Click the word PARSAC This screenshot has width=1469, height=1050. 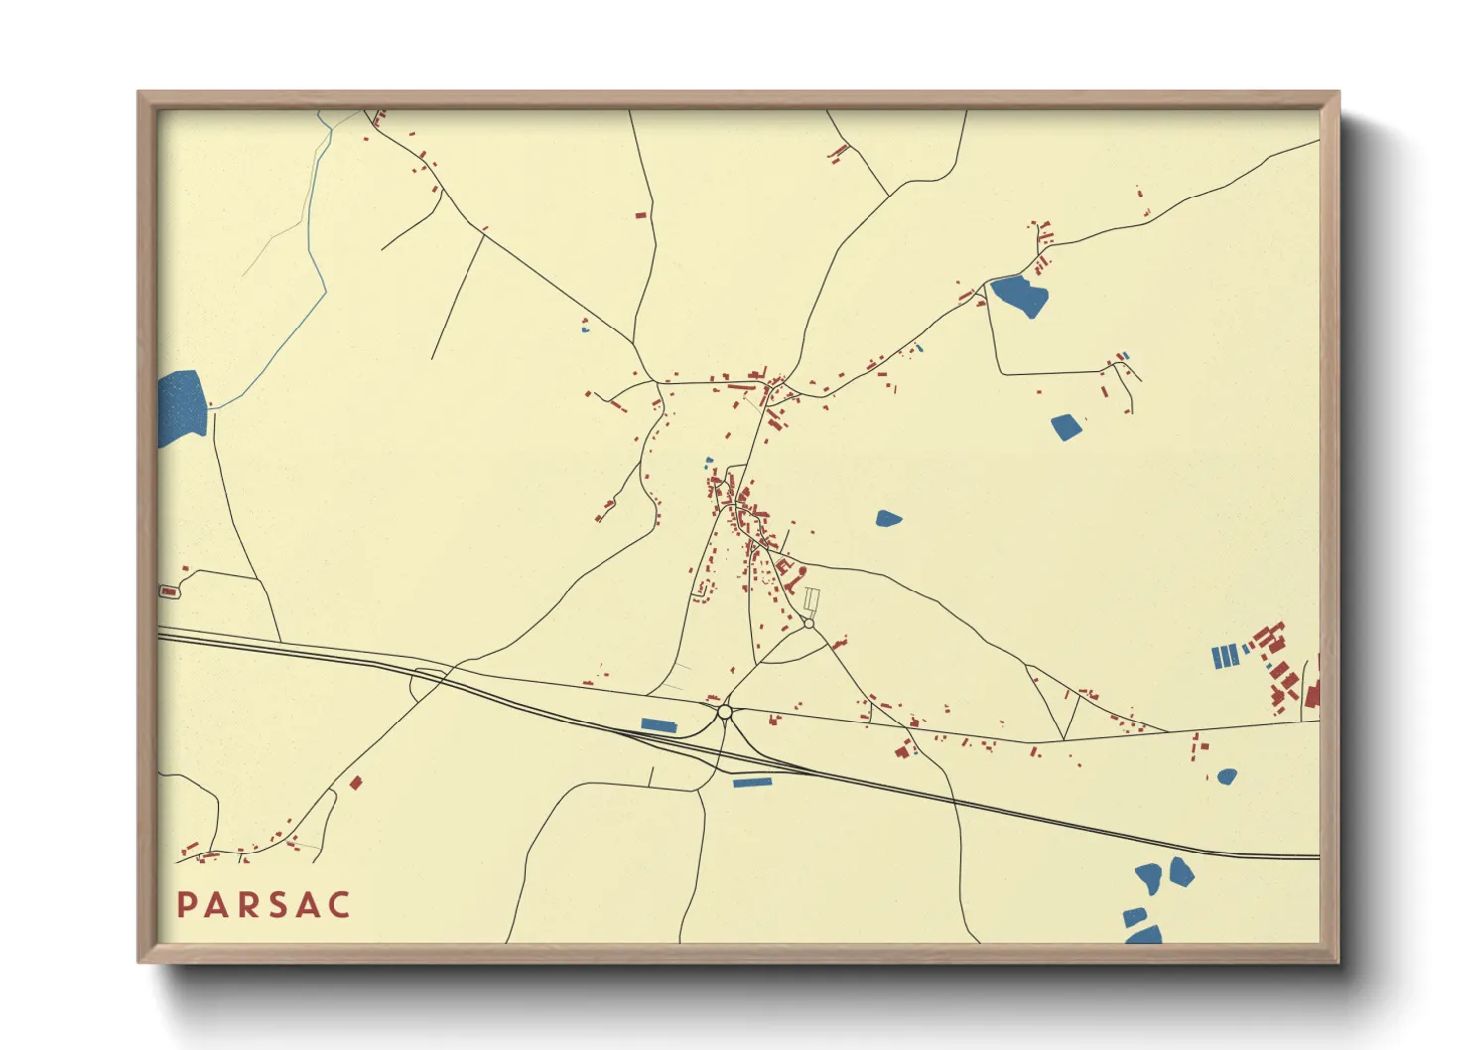(263, 905)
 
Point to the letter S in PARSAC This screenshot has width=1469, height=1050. (277, 905)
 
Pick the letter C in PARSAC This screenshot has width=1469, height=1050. (340, 905)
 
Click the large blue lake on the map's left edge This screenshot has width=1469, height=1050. (182, 406)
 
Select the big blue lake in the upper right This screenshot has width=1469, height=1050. (1020, 295)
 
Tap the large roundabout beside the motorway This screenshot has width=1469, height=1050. (725, 712)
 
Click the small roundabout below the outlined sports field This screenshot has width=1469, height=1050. (809, 623)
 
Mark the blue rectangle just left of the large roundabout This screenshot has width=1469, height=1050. (659, 725)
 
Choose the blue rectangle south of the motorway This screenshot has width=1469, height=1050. (752, 783)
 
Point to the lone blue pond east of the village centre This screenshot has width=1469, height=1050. (888, 518)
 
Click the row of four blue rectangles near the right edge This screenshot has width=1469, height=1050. (1225, 656)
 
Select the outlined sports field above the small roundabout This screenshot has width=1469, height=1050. (811, 600)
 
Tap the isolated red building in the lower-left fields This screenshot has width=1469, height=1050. (356, 783)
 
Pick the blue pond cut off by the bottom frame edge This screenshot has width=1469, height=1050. (1144, 935)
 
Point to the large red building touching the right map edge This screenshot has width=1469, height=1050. (1312, 693)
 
